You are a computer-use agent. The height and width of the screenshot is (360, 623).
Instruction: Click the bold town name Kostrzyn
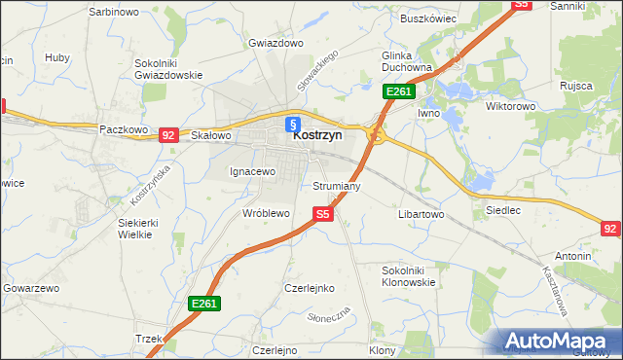[x=317, y=137]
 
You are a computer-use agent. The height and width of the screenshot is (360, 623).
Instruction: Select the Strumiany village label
[x=337, y=185]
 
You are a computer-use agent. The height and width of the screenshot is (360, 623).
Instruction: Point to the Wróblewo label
[x=267, y=212]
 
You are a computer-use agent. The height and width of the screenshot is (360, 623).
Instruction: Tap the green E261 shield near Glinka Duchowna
[x=399, y=91]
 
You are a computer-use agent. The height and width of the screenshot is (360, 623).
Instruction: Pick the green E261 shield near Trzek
[x=204, y=304]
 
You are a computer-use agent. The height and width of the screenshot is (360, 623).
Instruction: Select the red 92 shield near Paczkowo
[x=168, y=135]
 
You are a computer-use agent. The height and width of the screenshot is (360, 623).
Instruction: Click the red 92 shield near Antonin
[x=610, y=229]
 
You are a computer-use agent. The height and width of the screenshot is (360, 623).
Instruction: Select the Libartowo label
[x=421, y=213]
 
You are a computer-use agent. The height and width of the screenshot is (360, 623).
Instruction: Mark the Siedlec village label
[x=502, y=209]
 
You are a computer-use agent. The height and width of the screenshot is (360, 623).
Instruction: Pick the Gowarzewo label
[x=32, y=289]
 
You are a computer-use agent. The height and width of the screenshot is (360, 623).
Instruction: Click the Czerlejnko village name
[x=309, y=288]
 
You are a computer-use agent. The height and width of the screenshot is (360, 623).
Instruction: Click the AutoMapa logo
[x=559, y=342]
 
